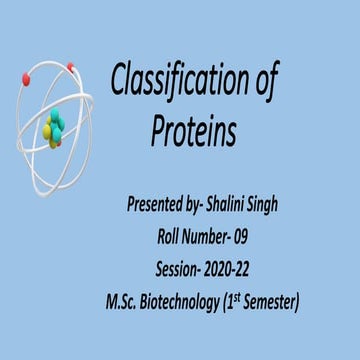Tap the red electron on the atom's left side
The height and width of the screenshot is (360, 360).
[25, 78]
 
